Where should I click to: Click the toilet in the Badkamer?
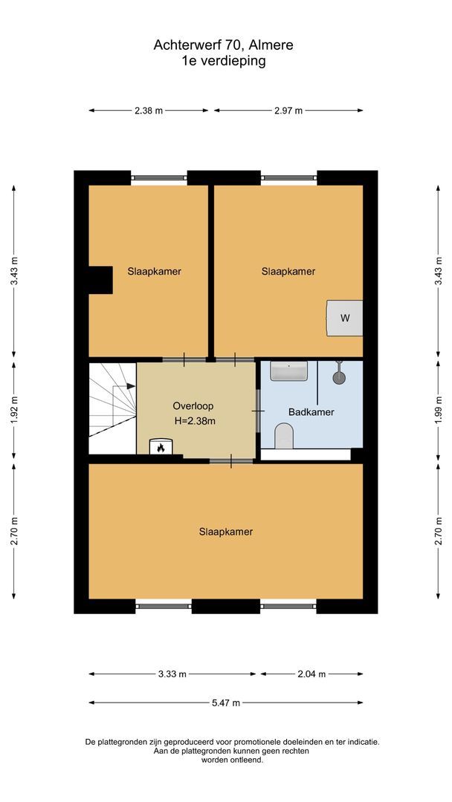[x=284, y=436]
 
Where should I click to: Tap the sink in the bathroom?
[x=288, y=371]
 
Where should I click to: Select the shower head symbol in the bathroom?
[x=340, y=376]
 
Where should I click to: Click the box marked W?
[x=344, y=318]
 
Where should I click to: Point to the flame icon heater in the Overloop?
[x=159, y=447]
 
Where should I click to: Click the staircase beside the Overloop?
[x=112, y=408]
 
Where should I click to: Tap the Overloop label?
[x=194, y=406]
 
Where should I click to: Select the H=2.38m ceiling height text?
[x=195, y=421]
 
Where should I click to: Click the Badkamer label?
[x=311, y=411]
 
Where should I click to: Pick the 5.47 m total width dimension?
[x=226, y=702]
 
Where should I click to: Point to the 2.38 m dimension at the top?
[x=149, y=111]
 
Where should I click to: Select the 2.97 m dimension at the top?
[x=288, y=111]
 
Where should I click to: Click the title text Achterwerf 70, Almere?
[x=223, y=45]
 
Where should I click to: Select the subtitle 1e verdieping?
[x=223, y=61]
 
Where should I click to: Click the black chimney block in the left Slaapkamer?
[x=100, y=280]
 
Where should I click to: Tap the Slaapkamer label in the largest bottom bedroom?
[x=225, y=532]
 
